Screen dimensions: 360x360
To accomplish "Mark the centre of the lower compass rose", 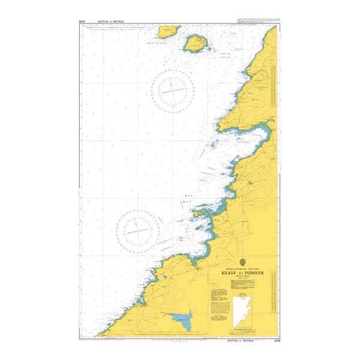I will pyautogui.click(x=138, y=229).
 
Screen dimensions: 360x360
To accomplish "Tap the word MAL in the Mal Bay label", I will pyautogui.click(x=188, y=196).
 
